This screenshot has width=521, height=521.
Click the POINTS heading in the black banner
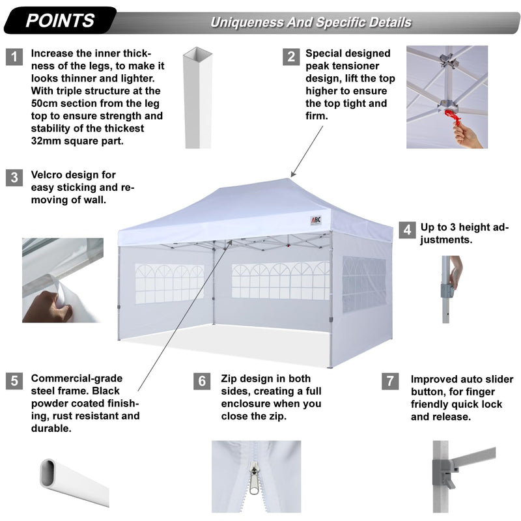(x=60, y=20)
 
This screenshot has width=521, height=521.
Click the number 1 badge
(x=15, y=57)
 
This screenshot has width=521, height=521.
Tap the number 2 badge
(x=290, y=57)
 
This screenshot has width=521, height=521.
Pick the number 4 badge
(x=407, y=230)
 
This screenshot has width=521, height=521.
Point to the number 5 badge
(x=15, y=382)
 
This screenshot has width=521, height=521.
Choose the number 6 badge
(x=203, y=382)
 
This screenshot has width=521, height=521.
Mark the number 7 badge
(x=390, y=382)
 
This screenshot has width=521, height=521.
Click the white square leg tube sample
(x=194, y=98)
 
